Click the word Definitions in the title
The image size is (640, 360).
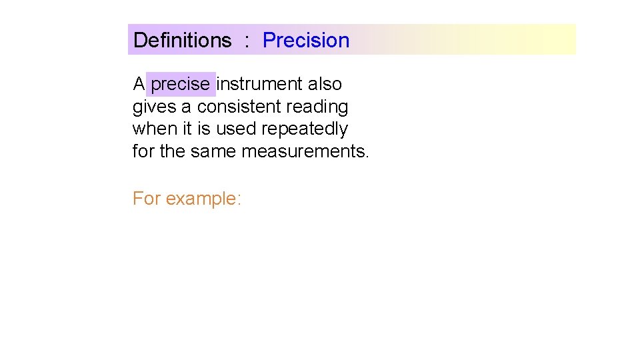click(x=182, y=40)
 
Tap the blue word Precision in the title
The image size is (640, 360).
click(x=306, y=40)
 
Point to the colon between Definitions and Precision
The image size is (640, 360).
click(x=247, y=41)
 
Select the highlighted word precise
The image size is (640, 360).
click(x=181, y=85)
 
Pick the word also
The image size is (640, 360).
click(x=325, y=85)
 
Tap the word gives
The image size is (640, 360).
click(x=155, y=107)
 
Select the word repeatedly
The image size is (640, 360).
click(x=305, y=129)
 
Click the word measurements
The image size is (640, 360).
click(x=305, y=151)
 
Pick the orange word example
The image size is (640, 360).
click(x=203, y=199)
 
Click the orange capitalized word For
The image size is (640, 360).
click(x=146, y=199)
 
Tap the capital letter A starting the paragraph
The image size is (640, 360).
click(x=139, y=85)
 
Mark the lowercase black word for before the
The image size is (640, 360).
click(x=143, y=151)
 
